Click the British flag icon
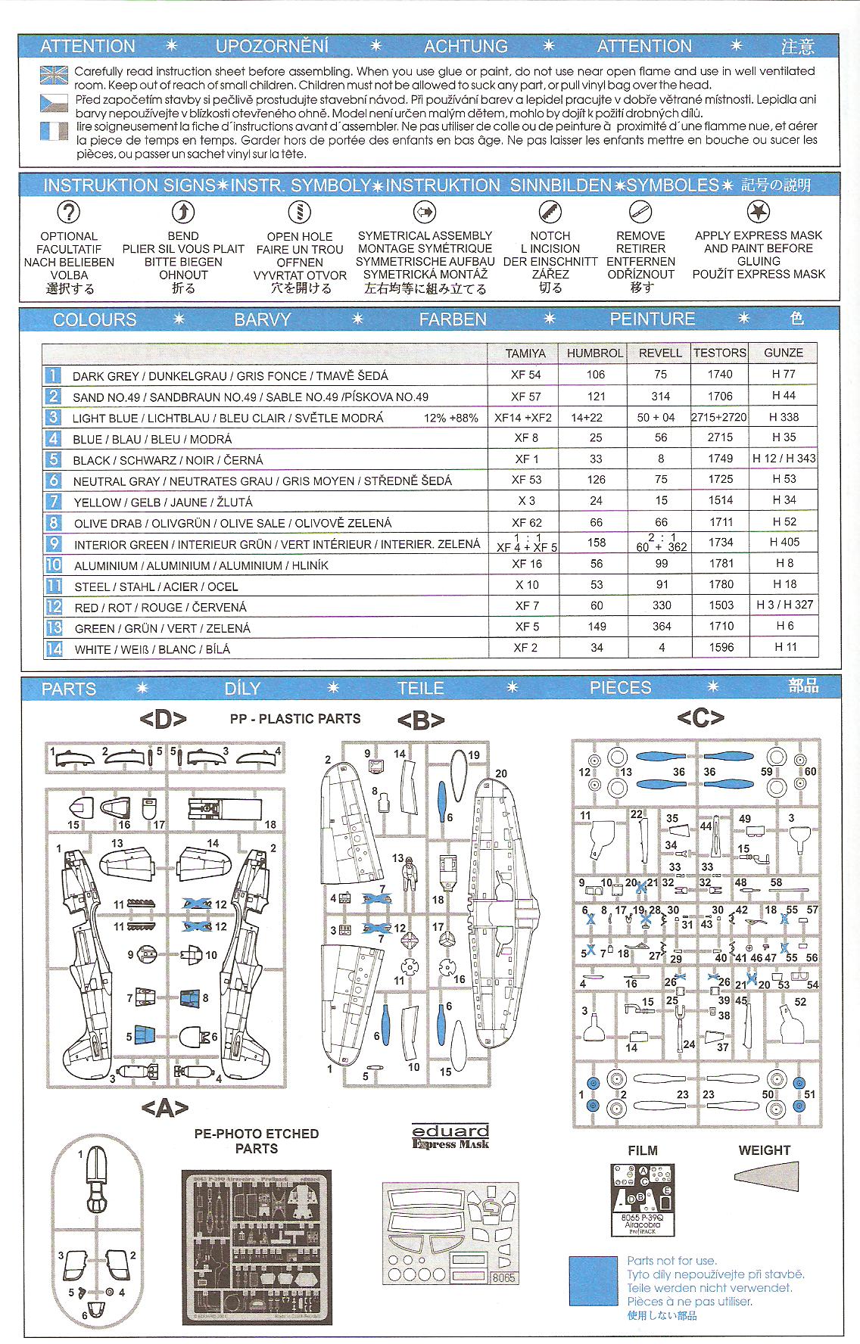coord(55,76)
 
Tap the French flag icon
coord(55,131)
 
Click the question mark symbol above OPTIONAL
coord(69,213)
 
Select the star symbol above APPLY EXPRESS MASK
coord(758,211)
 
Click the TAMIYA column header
coord(525,353)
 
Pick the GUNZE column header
coord(783,353)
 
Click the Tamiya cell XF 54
coord(525,375)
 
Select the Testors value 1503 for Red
coord(719,605)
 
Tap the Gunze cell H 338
coord(783,417)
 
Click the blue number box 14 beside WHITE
coord(53,649)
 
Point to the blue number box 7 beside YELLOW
coord(53,501)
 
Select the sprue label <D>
coord(163,719)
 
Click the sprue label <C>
coord(700,717)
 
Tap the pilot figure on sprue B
coord(409,876)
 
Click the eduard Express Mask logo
coord(450,1137)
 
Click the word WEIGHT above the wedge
coord(764,1150)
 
